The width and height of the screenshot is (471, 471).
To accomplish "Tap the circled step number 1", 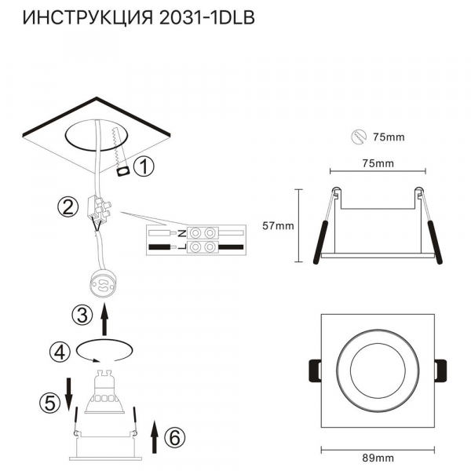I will point(143,166).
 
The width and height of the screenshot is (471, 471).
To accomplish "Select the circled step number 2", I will point(68,207).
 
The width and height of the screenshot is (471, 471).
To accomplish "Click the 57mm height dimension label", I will point(277,226).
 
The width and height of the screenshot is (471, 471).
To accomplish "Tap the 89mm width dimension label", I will point(378,458).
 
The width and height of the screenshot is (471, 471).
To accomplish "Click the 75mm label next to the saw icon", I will point(389,137).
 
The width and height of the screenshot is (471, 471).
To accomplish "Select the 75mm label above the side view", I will point(378,163).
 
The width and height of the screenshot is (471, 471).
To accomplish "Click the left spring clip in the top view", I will point(312,370).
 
